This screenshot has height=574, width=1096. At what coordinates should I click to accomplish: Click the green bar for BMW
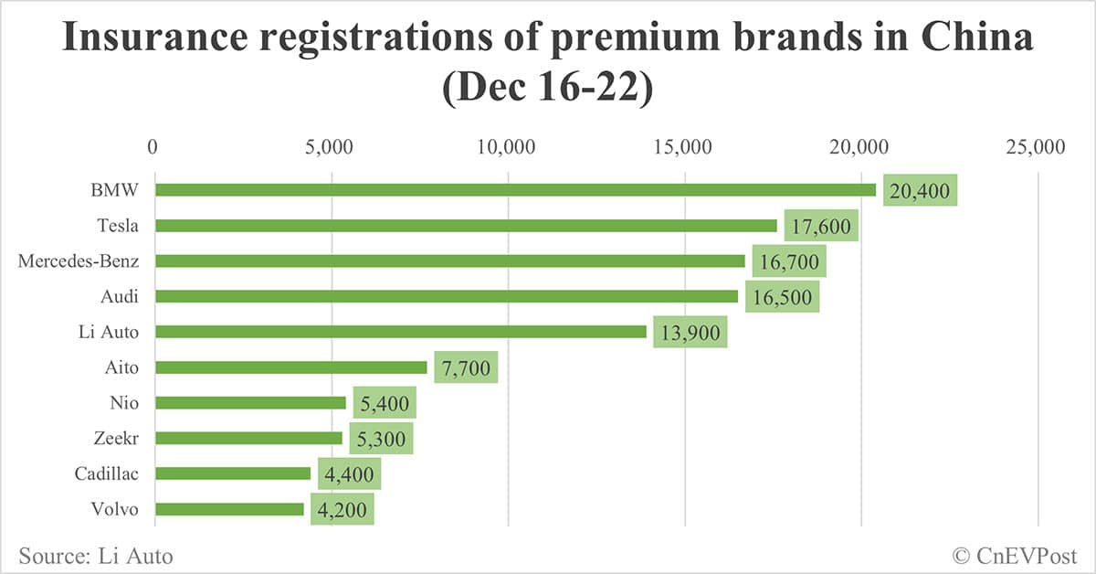coord(515,190)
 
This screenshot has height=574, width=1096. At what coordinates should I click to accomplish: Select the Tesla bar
coord(466,226)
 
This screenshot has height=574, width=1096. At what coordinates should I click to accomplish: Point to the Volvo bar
coord(229,509)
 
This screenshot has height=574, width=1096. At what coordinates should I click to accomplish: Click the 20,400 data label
coord(920,191)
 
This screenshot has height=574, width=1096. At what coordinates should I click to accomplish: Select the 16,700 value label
coord(789,261)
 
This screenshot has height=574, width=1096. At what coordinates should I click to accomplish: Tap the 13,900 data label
coord(690,333)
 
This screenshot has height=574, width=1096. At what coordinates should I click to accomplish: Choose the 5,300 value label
coord(382,439)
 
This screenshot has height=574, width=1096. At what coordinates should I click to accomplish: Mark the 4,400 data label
coord(349,474)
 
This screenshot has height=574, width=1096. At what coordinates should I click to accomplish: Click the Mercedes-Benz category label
coord(79,261)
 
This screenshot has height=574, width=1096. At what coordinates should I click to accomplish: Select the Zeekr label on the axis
coord(115,439)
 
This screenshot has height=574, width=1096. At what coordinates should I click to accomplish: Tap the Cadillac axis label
coord(106,474)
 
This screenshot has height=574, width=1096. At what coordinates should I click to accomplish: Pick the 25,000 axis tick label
coord(1037,146)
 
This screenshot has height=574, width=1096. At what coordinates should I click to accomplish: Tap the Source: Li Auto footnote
coord(95,555)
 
